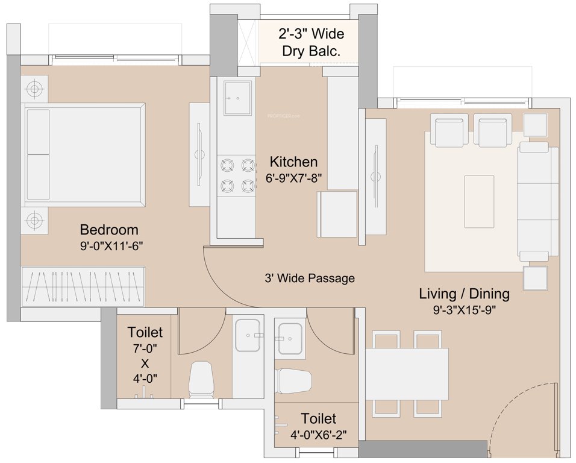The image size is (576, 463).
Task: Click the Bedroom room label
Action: (x=109, y=230)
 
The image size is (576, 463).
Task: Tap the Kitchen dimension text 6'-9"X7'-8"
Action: (x=293, y=178)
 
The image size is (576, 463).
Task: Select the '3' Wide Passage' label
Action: (x=309, y=279)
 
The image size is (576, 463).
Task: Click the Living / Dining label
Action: (x=464, y=294)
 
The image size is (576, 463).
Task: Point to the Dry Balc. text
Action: (x=311, y=52)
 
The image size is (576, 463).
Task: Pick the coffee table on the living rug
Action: (x=479, y=192)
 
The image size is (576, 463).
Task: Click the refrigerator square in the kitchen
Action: (x=337, y=215)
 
